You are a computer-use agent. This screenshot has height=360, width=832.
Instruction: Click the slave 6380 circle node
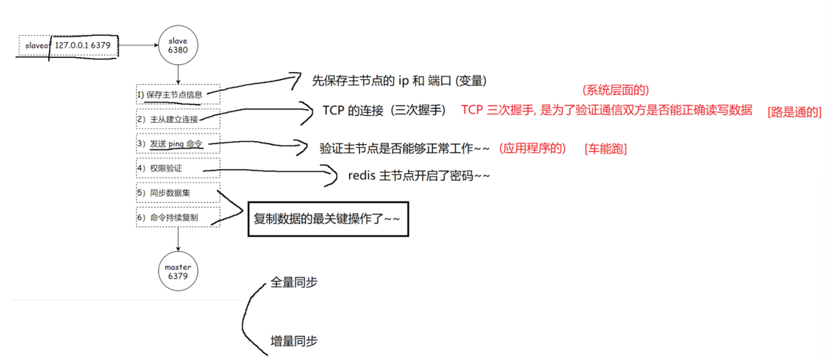tap(177, 45)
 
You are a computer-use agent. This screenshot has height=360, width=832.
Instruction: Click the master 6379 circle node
tap(177, 272)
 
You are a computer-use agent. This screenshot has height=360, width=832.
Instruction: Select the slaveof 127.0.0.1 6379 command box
tap(68, 46)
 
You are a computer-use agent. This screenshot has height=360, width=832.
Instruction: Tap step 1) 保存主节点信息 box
tap(178, 94)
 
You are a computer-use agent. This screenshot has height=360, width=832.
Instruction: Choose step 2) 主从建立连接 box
tap(178, 119)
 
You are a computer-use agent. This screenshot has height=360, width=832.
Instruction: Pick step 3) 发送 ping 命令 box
tap(178, 144)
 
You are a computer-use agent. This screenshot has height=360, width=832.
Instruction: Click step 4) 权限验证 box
tap(178, 168)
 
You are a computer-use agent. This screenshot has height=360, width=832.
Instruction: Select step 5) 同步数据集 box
tap(178, 192)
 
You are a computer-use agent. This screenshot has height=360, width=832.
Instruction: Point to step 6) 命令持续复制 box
tap(178, 217)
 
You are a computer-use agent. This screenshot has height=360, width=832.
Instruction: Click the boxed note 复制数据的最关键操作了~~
tap(330, 220)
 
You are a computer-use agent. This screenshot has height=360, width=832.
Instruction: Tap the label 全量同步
tap(294, 283)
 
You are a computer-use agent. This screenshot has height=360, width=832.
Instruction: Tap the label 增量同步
tap(294, 341)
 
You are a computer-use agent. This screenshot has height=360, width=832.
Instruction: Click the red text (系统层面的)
tap(616, 90)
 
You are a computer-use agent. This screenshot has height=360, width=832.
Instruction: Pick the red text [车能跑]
tap(605, 148)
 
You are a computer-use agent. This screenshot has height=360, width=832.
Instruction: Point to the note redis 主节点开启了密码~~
tap(419, 175)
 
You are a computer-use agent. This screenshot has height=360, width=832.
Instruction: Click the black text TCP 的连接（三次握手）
tap(384, 110)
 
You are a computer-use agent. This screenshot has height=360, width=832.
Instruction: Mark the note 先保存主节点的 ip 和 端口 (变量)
tap(399, 81)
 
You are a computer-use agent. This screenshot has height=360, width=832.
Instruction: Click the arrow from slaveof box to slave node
tap(138, 45)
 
